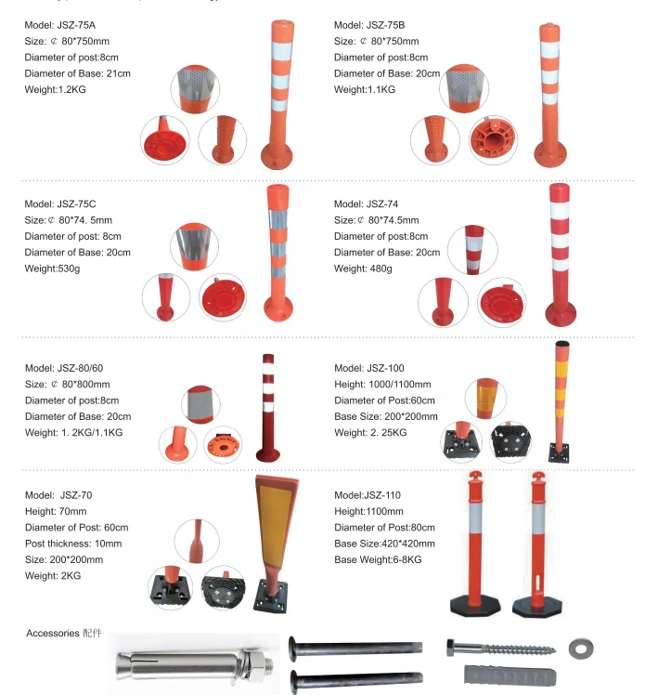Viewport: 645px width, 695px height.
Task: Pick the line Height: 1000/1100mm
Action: click(382, 385)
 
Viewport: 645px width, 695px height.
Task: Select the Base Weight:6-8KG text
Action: click(378, 559)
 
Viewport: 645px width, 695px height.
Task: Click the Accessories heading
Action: click(53, 634)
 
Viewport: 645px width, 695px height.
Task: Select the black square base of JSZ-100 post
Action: click(560, 452)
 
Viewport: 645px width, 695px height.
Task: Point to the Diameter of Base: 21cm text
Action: click(78, 73)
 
